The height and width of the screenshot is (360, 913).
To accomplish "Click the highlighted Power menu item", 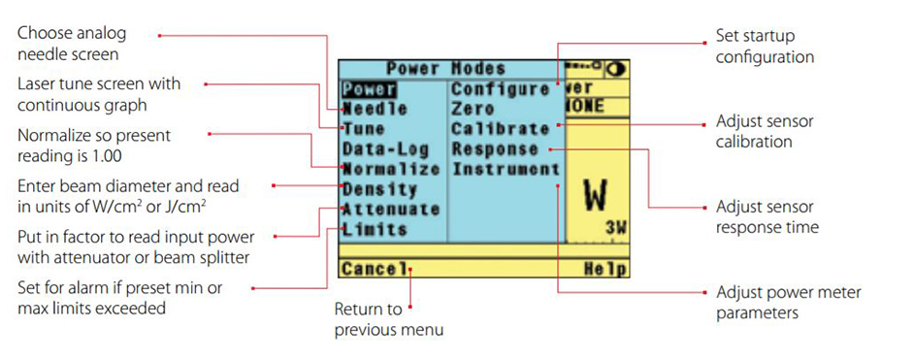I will tap(361, 89).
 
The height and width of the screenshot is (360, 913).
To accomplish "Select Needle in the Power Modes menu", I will tap(375, 109).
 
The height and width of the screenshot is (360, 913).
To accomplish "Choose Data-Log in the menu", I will tap(382, 149).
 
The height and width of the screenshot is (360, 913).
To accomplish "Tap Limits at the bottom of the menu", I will tap(374, 229).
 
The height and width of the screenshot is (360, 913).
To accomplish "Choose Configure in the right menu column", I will tap(500, 89).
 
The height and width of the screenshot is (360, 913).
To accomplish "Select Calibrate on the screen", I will tap(500, 129).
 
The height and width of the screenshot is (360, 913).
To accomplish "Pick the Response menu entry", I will tap(495, 149).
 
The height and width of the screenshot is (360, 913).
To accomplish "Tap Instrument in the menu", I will tap(505, 169).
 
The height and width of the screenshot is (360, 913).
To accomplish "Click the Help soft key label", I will tap(605, 269).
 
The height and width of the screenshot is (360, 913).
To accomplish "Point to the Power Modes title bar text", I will tap(445, 69).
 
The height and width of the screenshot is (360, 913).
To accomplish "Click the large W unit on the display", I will tap(595, 194).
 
